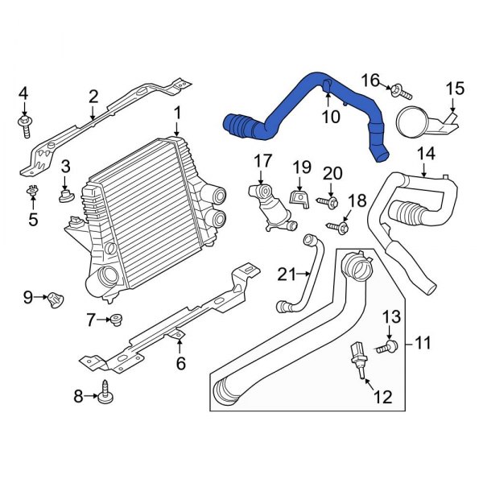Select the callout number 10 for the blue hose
(332, 118)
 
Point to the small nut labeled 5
(32, 192)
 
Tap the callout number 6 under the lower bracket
(180, 363)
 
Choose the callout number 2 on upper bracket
(93, 97)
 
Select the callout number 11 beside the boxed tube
(423, 344)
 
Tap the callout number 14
(426, 152)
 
